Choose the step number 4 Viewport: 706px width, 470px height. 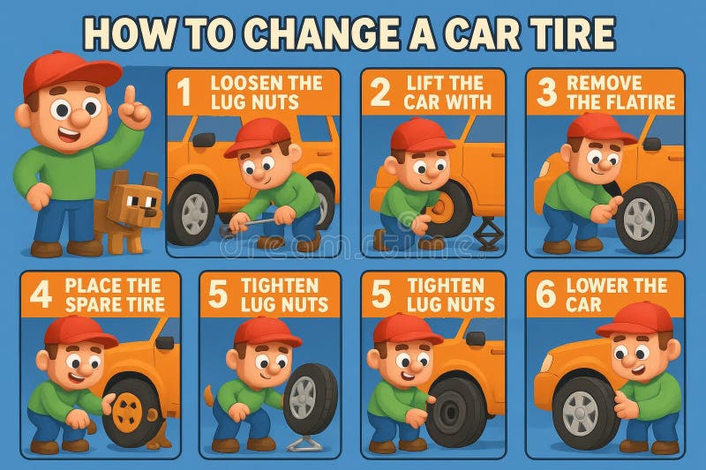(x=41, y=295)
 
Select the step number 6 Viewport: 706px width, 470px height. (x=545, y=295)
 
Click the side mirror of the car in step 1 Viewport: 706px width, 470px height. (x=204, y=139)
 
